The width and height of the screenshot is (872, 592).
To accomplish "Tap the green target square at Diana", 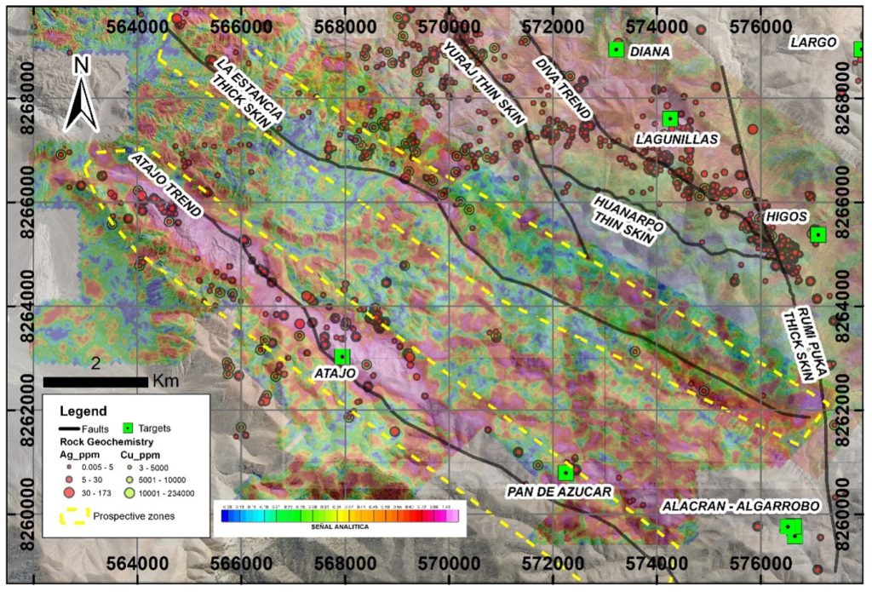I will [616, 50].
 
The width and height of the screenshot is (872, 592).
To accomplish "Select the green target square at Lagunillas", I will [669, 118].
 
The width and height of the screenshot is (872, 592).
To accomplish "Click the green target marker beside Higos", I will [817, 234].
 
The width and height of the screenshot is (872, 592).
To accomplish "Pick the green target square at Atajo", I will [342, 356].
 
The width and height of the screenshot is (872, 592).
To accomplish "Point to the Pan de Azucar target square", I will [565, 472].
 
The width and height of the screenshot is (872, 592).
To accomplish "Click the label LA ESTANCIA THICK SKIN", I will [248, 94].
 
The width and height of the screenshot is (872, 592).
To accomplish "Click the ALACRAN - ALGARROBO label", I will [740, 506].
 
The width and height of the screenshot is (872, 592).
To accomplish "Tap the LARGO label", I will [812, 42].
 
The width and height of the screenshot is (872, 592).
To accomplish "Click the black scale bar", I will [95, 380].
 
